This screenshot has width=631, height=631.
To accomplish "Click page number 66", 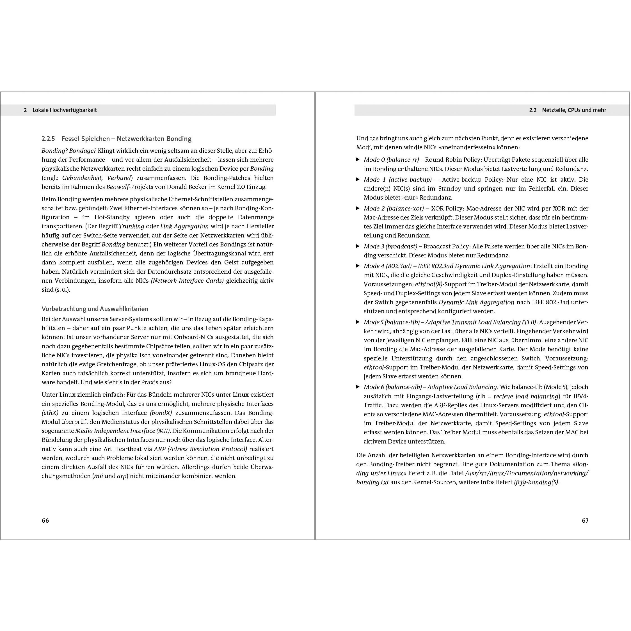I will click(45, 521).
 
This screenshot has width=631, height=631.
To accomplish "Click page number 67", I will click(585, 521).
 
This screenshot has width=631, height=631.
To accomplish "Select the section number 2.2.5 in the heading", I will click(48, 139).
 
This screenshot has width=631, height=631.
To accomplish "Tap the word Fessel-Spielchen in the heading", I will click(86, 139).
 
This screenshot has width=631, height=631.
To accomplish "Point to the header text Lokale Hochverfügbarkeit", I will click(65, 110).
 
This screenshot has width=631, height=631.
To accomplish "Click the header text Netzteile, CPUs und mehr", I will click(574, 110).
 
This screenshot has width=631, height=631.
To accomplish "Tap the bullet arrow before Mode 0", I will click(358, 159).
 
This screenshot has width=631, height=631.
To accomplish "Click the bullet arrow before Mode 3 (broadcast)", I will click(358, 246).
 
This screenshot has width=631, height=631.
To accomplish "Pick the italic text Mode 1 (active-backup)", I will click(397, 180).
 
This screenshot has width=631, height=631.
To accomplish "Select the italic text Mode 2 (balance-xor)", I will click(394, 208).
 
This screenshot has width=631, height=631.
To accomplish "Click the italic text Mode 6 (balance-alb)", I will click(393, 387).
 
